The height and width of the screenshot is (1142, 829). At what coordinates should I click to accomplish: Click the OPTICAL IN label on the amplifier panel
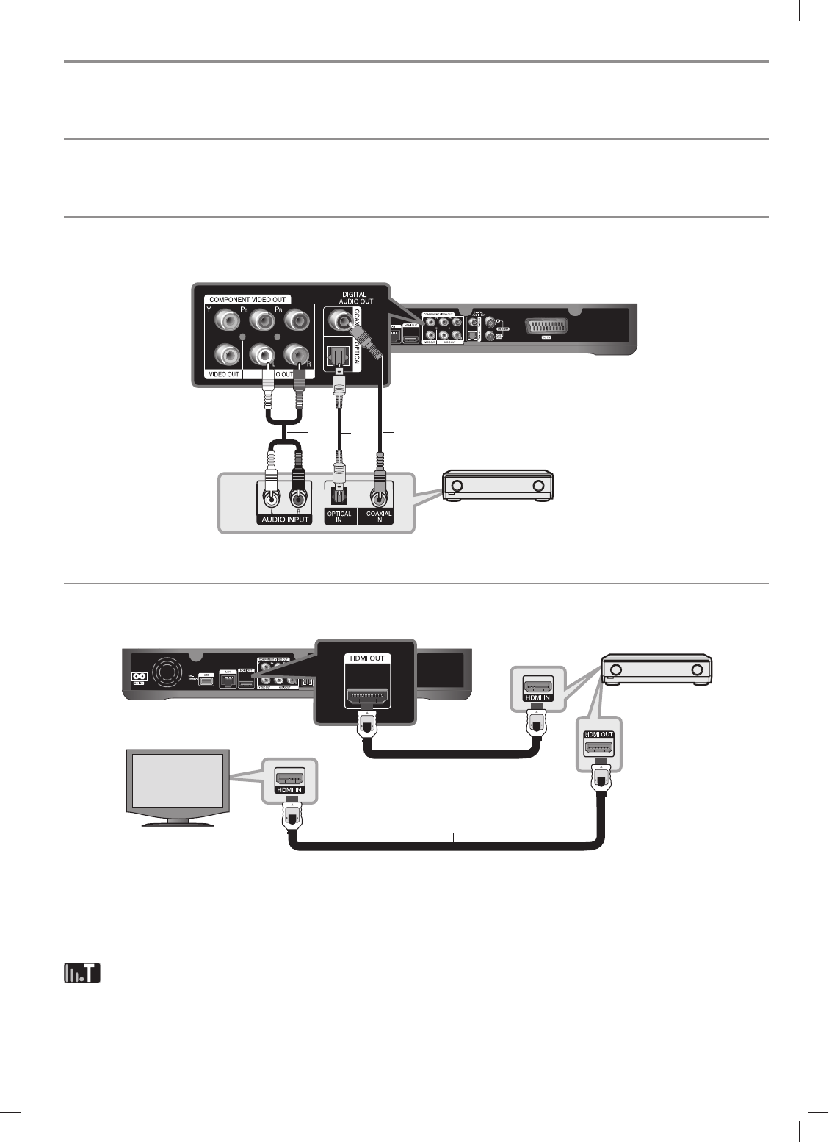339,517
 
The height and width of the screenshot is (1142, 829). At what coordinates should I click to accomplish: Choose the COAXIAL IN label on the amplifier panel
379,517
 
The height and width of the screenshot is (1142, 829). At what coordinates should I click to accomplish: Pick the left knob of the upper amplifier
457,486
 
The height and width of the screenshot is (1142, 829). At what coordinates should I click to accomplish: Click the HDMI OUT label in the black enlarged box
366,658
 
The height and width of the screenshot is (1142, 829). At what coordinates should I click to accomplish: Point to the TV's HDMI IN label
289,789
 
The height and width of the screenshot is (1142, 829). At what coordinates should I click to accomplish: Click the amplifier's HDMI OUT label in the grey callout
598,734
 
